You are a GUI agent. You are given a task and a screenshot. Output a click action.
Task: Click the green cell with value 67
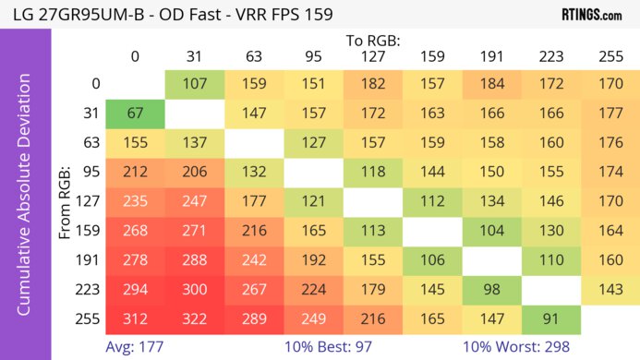[x=135, y=114]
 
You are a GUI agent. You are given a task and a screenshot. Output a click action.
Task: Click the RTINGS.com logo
[x=591, y=16]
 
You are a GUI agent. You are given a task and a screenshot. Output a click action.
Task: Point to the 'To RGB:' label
[x=372, y=41]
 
